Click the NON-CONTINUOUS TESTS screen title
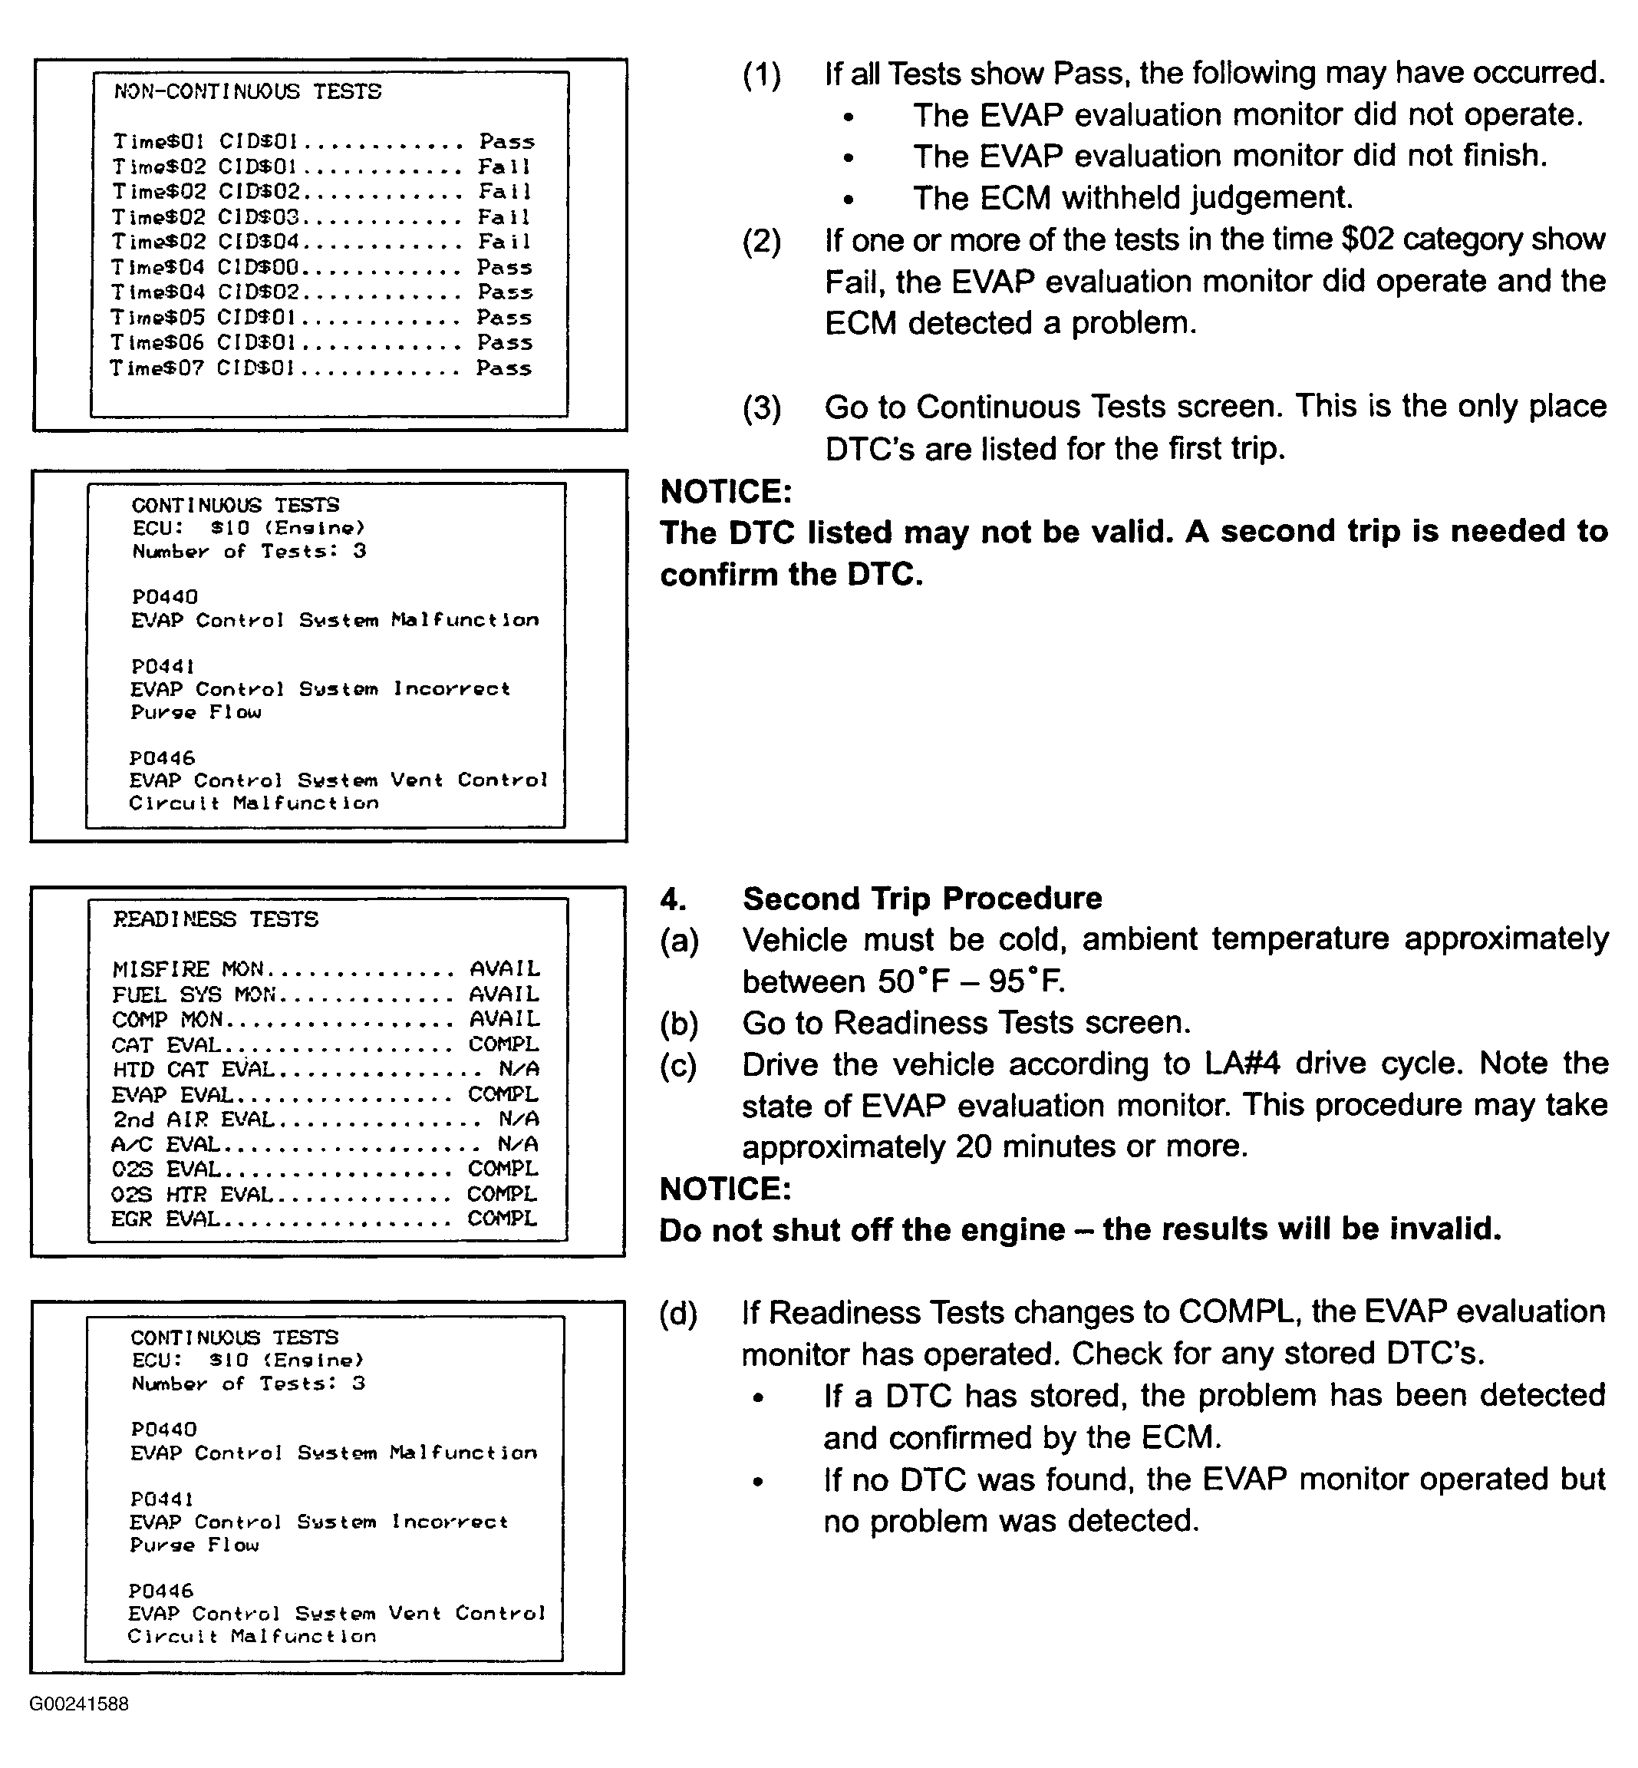point(247,91)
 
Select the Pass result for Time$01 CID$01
point(507,142)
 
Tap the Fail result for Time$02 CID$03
point(504,217)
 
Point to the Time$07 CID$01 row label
point(201,368)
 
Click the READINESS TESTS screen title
point(215,919)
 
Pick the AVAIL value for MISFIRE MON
point(504,969)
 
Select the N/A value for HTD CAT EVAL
point(519,1069)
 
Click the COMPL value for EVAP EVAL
point(503,1094)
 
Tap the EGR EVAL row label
point(165,1219)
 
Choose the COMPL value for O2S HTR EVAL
point(502,1194)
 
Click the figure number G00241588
point(79,1704)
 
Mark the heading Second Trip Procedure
point(922,898)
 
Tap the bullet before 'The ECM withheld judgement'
point(849,200)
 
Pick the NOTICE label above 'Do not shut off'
point(725,1189)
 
